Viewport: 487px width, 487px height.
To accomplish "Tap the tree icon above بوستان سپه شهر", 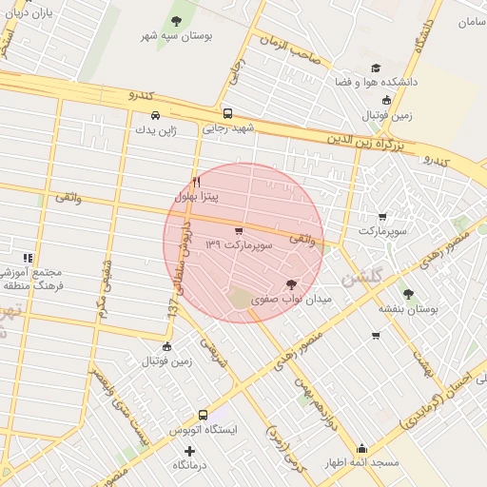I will pos(176,20).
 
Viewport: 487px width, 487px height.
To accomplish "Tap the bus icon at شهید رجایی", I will pos(225,113).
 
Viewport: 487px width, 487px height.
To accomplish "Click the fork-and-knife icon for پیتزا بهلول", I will pos(196,181).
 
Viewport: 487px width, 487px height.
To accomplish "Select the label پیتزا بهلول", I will pos(197,196).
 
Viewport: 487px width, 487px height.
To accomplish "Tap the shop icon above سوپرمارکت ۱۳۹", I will pos(237,231).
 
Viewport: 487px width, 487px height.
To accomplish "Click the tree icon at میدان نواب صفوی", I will pos(290,284).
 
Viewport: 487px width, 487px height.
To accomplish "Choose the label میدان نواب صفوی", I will pos(290,300).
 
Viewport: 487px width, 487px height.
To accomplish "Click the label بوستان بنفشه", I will pos(407,309).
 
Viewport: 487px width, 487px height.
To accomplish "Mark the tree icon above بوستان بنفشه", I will pos(409,294).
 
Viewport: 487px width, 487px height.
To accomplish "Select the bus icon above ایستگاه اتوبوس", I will pos(203,415).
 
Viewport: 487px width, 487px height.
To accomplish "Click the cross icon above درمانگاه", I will pos(189,450).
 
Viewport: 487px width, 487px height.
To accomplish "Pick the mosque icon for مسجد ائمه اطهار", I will pos(360,448).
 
